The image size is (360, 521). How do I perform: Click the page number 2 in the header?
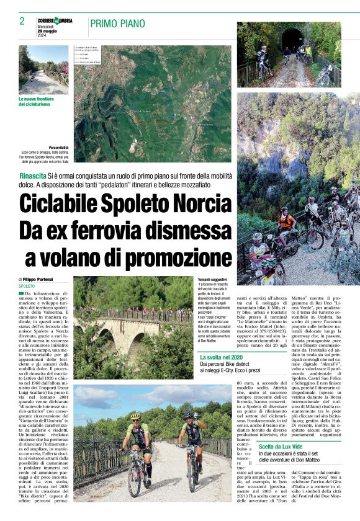22,21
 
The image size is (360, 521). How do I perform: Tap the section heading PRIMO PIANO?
116,24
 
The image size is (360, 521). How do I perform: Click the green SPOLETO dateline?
27,286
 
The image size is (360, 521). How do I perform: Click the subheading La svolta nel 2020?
221,358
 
